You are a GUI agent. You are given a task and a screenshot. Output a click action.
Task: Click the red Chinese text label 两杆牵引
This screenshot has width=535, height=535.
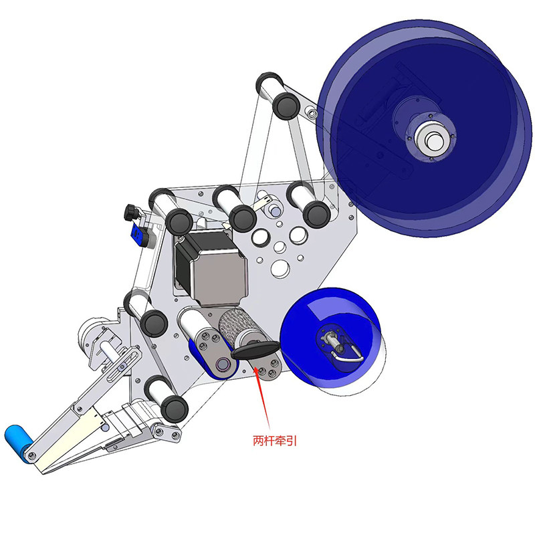[275, 441]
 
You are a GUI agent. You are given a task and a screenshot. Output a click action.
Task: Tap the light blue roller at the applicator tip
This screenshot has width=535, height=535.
[19, 443]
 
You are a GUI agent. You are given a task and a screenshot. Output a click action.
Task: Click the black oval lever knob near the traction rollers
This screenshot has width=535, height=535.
[255, 350]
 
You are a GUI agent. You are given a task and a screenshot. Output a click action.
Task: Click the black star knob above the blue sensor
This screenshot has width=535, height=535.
[131, 212]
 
